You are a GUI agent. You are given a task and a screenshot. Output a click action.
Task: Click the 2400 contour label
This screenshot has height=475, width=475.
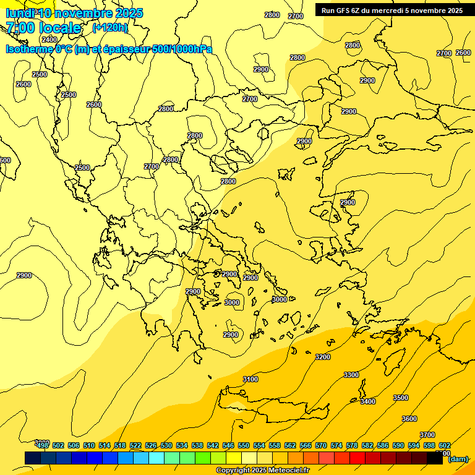pyautogui.click(x=49, y=40)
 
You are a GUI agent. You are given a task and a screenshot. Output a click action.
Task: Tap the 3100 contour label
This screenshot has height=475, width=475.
pyautogui.click(x=250, y=379)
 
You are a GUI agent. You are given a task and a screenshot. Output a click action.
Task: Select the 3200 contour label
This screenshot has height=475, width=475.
pyautogui.click(x=323, y=357)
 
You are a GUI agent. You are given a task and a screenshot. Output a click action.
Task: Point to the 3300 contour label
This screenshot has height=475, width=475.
pyautogui.click(x=351, y=375)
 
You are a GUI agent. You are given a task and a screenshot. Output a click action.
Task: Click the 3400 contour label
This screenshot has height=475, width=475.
pyautogui.click(x=368, y=401)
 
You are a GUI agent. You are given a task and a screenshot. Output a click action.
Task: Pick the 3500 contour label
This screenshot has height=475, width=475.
pyautogui.click(x=401, y=398)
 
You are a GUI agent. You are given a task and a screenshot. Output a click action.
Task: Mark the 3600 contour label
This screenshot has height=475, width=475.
pyautogui.click(x=409, y=419)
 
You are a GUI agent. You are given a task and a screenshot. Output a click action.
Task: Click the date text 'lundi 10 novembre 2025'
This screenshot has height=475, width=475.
pyautogui.click(x=74, y=13)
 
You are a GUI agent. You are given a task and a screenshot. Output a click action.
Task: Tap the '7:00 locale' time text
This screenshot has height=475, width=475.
pyautogui.click(x=43, y=28)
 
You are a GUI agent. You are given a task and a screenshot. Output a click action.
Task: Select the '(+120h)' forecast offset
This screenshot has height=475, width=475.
pyautogui.click(x=110, y=27)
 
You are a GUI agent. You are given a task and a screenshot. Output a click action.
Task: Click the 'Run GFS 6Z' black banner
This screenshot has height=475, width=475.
pyautogui.click(x=392, y=10)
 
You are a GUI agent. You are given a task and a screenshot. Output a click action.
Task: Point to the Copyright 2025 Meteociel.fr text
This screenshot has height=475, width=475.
pyautogui.click(x=262, y=470)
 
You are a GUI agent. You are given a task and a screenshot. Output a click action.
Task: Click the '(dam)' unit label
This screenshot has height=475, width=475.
pyautogui.click(x=458, y=459)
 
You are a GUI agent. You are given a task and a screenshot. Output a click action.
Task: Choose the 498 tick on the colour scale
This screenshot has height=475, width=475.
pyautogui.click(x=43, y=445)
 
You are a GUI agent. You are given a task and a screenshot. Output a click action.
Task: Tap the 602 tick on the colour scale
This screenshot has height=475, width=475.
pyautogui.click(x=444, y=445)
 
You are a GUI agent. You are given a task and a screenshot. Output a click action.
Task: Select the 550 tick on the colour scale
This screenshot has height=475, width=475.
pyautogui.click(x=244, y=445)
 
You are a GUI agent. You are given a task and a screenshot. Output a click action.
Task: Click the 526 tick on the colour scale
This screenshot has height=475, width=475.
pyautogui.click(x=151, y=445)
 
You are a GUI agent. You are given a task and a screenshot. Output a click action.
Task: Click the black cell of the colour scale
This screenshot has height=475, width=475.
pyautogui.click(x=435, y=458)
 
